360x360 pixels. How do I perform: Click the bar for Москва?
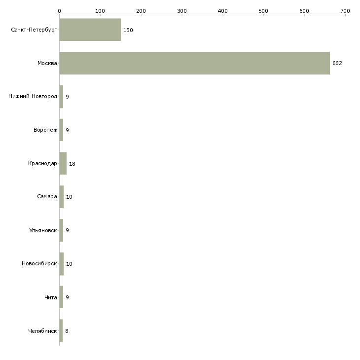195,63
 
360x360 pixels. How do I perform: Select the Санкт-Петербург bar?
90,30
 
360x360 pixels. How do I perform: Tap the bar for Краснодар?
63,163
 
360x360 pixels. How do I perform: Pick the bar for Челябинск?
61,330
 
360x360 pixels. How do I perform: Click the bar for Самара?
62,197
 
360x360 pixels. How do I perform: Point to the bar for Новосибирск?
62,264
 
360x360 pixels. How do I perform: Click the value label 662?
337,63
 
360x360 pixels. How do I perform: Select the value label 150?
128,30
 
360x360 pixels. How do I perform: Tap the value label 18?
72,164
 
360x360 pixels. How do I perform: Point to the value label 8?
67,331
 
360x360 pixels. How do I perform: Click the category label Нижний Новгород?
33,96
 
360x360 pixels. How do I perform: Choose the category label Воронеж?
45,130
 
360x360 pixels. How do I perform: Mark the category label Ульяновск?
43,230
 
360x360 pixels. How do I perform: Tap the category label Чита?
51,297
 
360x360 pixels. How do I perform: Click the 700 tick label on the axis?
345,11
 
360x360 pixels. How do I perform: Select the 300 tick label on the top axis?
182,11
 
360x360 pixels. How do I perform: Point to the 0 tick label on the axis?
60,11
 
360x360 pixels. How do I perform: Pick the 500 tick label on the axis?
263,11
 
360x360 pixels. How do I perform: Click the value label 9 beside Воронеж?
67,130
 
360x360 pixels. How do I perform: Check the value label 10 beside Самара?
69,197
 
